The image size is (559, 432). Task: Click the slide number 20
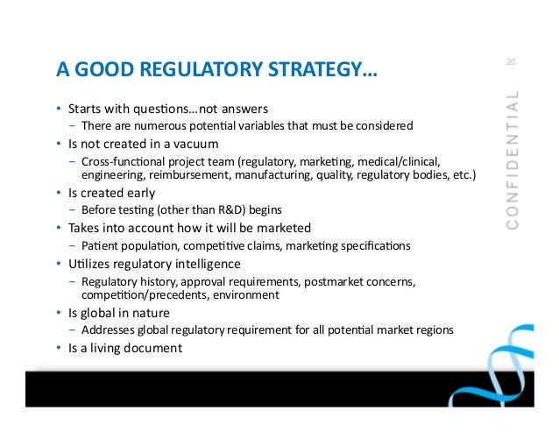click(511, 62)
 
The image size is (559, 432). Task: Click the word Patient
click(100, 246)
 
